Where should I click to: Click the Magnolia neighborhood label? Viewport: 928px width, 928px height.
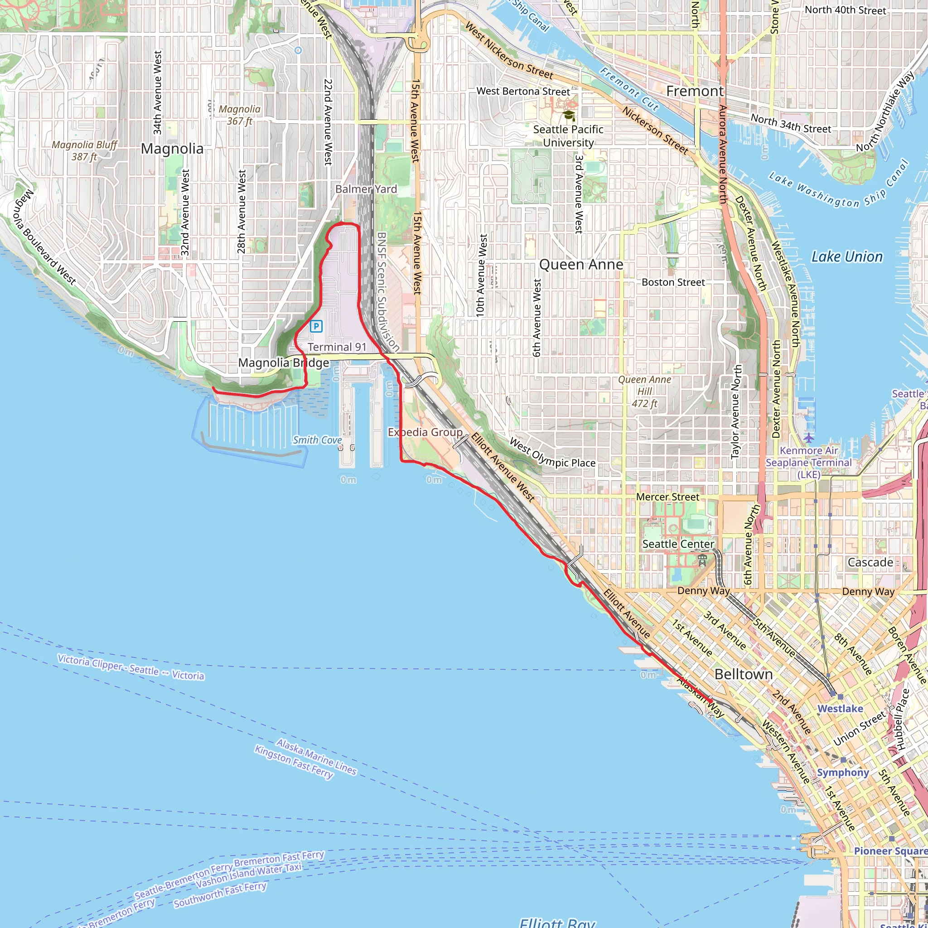172,149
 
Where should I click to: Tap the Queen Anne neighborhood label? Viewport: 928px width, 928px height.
581,265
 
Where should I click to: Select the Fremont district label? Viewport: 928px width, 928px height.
695,91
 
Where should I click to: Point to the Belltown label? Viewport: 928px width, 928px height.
744,674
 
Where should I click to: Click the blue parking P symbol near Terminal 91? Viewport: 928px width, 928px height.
316,327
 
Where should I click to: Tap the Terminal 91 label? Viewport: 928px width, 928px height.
337,347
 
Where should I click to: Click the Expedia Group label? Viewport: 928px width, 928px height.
425,432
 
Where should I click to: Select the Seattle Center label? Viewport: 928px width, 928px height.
678,544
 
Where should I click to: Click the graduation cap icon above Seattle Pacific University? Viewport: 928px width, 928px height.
569,116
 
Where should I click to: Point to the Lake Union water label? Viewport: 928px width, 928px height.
847,257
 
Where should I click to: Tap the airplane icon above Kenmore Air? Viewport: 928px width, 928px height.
809,438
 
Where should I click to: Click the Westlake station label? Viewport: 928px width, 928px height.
840,709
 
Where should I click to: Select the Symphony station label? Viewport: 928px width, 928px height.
843,773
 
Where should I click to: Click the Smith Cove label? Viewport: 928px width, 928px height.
317,440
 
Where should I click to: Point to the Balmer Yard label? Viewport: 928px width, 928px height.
366,189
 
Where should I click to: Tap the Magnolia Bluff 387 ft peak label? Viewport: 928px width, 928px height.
85,151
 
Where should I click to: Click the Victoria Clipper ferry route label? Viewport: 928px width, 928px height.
130,667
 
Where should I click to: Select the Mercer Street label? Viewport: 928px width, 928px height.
667,497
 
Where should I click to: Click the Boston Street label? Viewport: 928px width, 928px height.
673,282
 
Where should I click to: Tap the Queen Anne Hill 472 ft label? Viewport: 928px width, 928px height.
645,391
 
